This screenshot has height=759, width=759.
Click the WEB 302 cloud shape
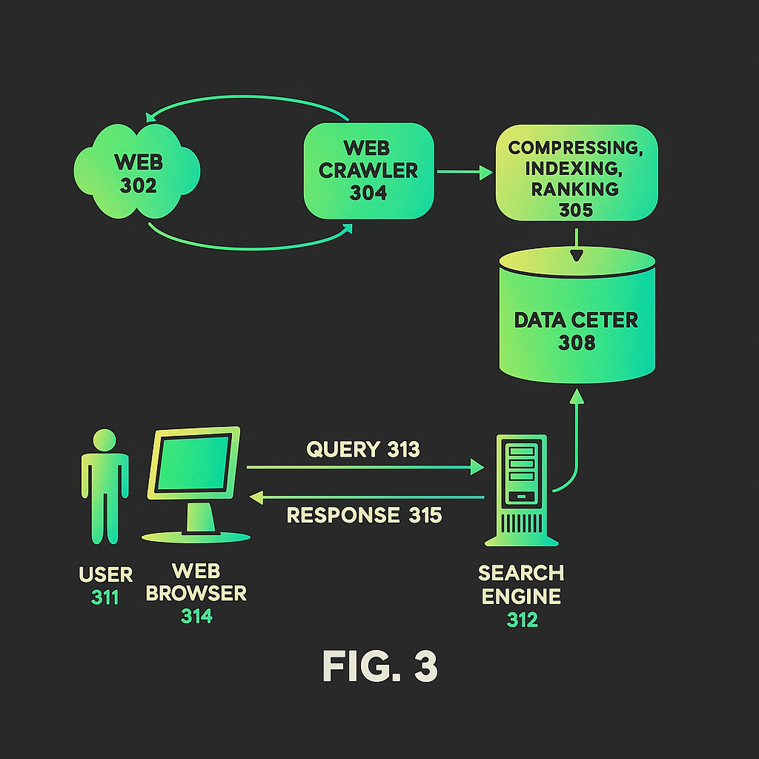pyautogui.click(x=138, y=172)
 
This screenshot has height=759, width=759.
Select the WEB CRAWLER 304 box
pyautogui.click(x=368, y=170)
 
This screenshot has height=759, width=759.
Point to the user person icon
pyautogui.click(x=105, y=489)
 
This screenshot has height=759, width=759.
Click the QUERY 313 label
pyautogui.click(x=363, y=449)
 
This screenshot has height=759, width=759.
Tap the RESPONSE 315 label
pyautogui.click(x=364, y=515)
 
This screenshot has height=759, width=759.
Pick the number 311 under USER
pyautogui.click(x=105, y=597)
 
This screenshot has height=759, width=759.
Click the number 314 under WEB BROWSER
pyautogui.click(x=196, y=616)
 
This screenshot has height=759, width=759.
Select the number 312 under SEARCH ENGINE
pyautogui.click(x=522, y=620)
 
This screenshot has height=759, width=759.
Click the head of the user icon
pyautogui.click(x=105, y=440)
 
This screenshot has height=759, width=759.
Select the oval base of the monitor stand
pyautogui.click(x=196, y=537)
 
